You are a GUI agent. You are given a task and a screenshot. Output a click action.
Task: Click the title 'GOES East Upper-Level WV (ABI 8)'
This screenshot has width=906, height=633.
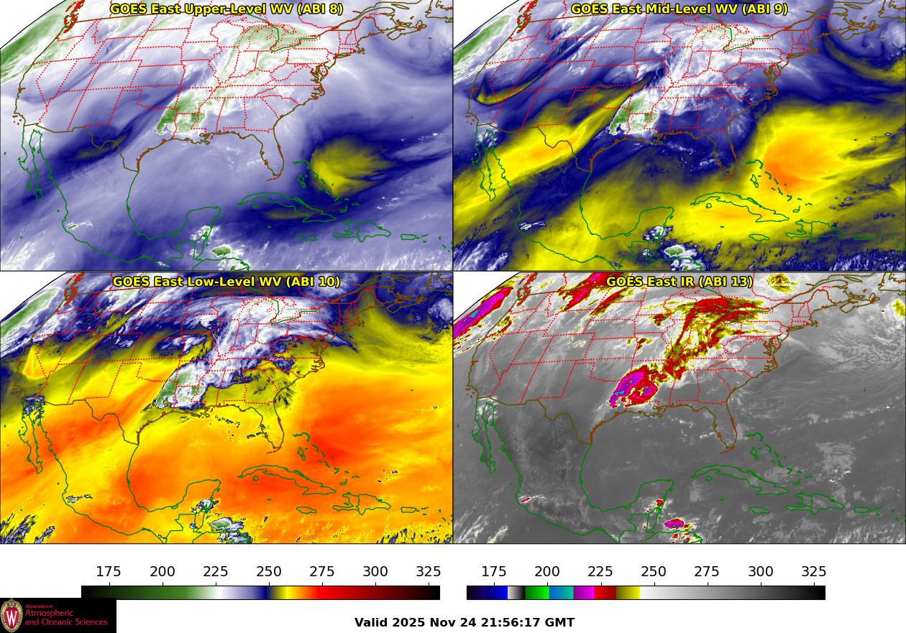[226, 9]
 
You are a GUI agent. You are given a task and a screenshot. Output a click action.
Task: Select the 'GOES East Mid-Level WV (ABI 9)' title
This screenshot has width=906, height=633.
[679, 9]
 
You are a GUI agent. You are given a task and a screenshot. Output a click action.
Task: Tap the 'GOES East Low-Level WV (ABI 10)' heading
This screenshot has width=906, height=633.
[226, 282]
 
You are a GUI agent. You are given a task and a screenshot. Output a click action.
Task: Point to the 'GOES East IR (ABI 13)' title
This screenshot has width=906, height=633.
[679, 282]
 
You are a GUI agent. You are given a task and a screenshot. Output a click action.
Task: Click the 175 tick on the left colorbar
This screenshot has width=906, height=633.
[109, 572]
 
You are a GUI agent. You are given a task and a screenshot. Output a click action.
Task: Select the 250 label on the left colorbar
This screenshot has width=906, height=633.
[269, 572]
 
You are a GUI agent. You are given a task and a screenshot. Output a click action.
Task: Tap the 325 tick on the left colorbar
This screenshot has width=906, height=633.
[429, 572]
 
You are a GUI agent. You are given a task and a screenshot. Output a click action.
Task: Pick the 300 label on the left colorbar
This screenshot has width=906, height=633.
[375, 572]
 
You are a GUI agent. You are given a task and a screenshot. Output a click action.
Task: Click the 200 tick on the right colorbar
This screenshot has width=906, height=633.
[547, 572]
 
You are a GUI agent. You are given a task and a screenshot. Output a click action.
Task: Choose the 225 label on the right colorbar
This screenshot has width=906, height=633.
[600, 572]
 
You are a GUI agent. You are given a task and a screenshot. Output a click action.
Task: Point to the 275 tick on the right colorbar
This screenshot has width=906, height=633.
[707, 572]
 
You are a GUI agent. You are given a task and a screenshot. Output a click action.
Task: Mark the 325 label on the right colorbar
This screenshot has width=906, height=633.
[813, 572]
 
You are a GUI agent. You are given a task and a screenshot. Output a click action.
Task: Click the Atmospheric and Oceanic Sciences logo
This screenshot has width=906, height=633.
[58, 616]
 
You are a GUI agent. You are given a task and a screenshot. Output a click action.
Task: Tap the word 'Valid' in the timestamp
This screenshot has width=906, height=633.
[372, 623]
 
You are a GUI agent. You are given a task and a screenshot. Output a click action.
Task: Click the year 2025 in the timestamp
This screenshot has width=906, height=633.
[409, 623]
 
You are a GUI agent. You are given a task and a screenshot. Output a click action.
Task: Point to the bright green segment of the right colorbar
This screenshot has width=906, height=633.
[536, 593]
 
